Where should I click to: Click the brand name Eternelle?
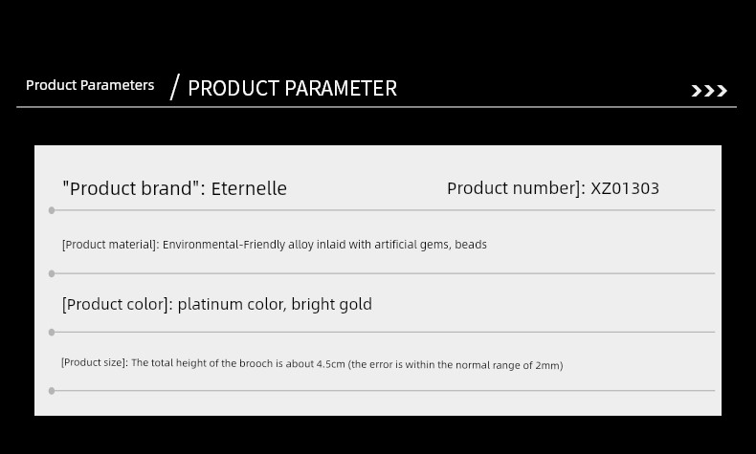249,188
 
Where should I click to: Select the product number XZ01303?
625,188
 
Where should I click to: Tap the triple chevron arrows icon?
709,91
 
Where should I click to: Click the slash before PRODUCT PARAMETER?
175,87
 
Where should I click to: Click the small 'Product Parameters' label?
90,85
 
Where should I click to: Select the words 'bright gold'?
332,304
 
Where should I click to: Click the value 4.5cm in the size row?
331,364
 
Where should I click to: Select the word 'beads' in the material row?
471,245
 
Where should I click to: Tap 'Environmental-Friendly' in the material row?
224,245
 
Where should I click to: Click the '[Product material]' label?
110,245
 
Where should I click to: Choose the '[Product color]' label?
117,305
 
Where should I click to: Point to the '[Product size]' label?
95,362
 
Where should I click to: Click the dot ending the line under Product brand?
52,210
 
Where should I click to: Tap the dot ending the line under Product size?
52,391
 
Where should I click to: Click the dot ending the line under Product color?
52,333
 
